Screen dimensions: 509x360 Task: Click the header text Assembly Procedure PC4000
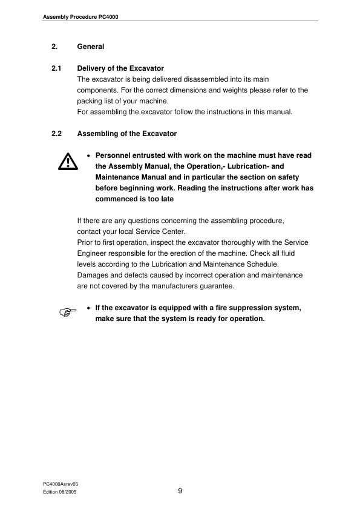(79, 16)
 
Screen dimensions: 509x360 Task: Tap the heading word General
(91, 47)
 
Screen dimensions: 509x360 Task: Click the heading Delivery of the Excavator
(120, 68)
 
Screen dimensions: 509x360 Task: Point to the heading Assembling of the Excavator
(127, 134)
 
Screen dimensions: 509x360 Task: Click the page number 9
(180, 491)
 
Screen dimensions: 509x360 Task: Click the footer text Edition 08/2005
(60, 493)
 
